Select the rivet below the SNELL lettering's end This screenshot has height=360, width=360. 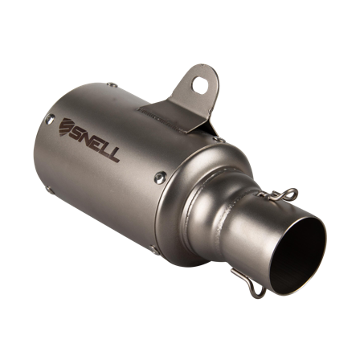pos(159,178)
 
